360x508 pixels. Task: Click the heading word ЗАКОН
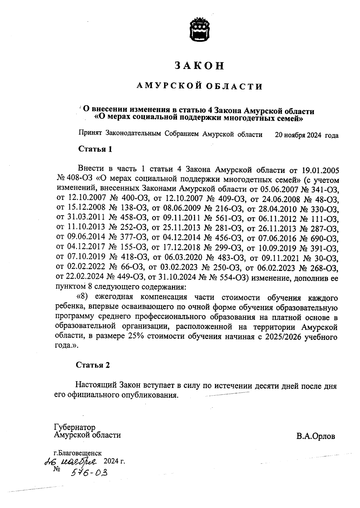pos(199,66)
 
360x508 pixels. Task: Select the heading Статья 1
pos(95,149)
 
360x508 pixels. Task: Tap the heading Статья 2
pos(93,365)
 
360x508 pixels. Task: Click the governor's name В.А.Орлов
pos(316,436)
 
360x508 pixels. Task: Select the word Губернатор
pos(75,427)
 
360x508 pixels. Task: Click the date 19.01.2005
pos(319,171)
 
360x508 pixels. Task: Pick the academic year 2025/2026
pos(283,336)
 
